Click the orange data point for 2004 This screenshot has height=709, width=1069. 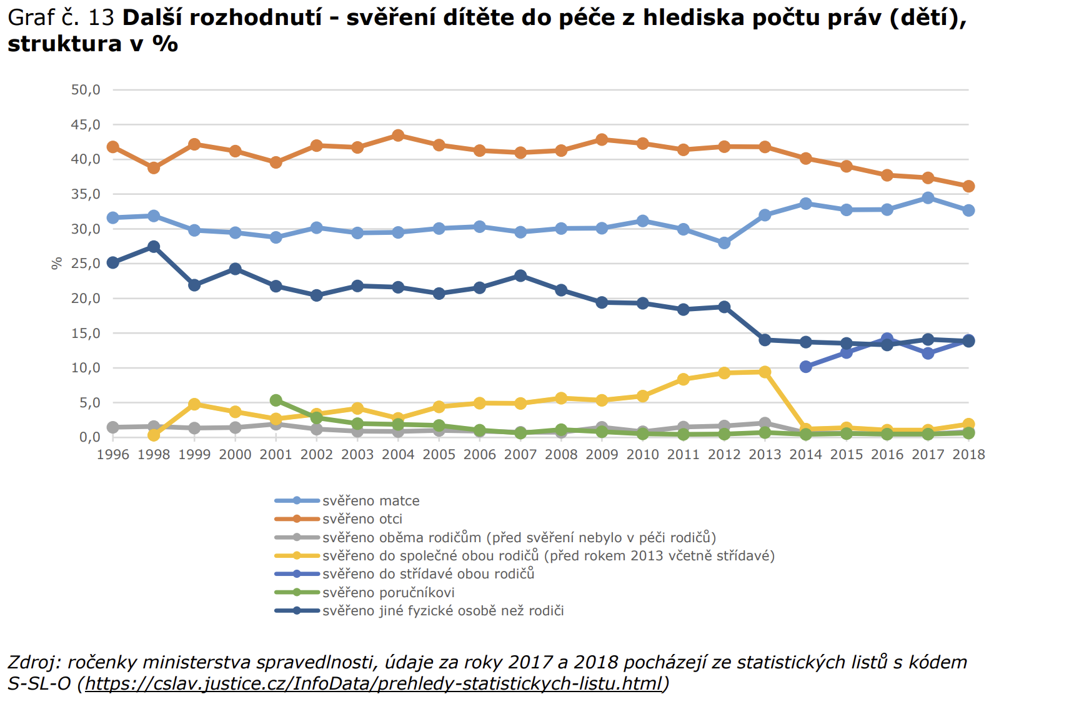(398, 136)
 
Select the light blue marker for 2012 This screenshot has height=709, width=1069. (724, 243)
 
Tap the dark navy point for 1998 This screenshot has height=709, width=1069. (154, 247)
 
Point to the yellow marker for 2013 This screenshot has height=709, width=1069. (765, 372)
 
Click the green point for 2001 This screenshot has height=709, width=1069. (276, 400)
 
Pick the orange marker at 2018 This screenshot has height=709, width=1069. (968, 186)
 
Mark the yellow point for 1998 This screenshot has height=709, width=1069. (154, 435)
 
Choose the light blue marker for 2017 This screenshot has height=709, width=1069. (928, 198)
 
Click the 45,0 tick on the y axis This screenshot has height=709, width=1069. (86, 125)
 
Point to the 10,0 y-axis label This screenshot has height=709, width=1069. (86, 368)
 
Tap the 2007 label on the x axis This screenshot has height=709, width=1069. (520, 455)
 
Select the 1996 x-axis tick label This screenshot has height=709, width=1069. (113, 455)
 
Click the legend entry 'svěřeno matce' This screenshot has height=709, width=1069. (370, 501)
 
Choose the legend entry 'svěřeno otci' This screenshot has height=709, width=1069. (362, 519)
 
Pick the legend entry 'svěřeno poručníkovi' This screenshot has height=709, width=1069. (388, 593)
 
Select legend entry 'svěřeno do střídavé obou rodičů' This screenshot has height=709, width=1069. (428, 574)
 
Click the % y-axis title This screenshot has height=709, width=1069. (57, 264)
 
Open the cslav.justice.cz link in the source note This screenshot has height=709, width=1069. (373, 683)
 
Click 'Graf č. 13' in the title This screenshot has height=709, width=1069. (61, 17)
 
